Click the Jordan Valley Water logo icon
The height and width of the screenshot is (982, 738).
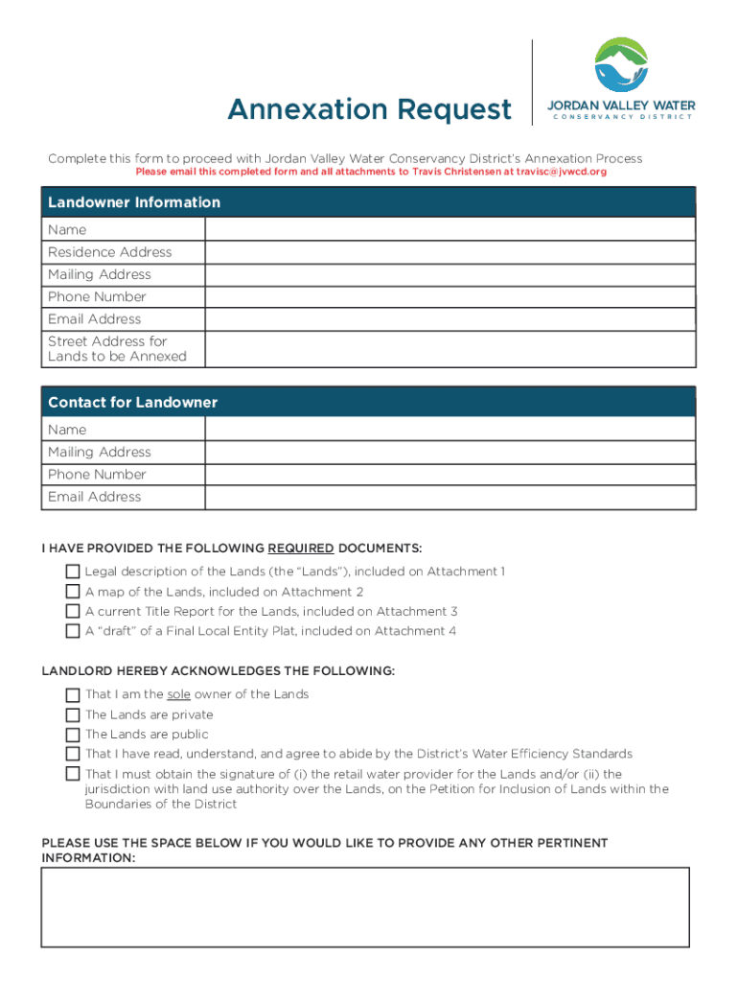[x=621, y=65]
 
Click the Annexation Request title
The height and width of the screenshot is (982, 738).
[x=369, y=110]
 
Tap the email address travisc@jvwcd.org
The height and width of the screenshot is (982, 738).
[x=562, y=172]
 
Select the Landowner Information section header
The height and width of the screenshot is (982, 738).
[x=134, y=202]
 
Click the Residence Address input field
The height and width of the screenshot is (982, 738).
[x=450, y=252]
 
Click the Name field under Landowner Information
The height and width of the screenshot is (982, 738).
[x=450, y=230]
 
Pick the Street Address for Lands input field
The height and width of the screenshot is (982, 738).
[x=450, y=349]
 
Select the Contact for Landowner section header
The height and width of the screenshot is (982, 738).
[x=133, y=403]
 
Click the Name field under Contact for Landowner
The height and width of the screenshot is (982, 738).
[x=450, y=430]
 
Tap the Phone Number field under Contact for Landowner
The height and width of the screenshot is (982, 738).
[x=450, y=475]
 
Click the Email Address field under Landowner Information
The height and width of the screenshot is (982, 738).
[x=450, y=319]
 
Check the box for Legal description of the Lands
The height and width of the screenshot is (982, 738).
[x=73, y=572]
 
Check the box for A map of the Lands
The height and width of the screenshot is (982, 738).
[x=73, y=592]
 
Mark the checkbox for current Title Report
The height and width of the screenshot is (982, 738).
[x=73, y=611]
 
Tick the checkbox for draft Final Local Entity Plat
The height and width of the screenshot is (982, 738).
[x=73, y=631]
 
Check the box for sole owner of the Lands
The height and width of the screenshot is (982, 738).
[x=73, y=694]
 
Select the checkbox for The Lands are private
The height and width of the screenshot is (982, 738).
[x=73, y=714]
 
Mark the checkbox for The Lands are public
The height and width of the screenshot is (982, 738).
[x=73, y=735]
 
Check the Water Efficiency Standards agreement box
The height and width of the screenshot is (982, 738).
[x=73, y=754]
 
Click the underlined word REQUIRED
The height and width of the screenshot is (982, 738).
[x=301, y=549]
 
